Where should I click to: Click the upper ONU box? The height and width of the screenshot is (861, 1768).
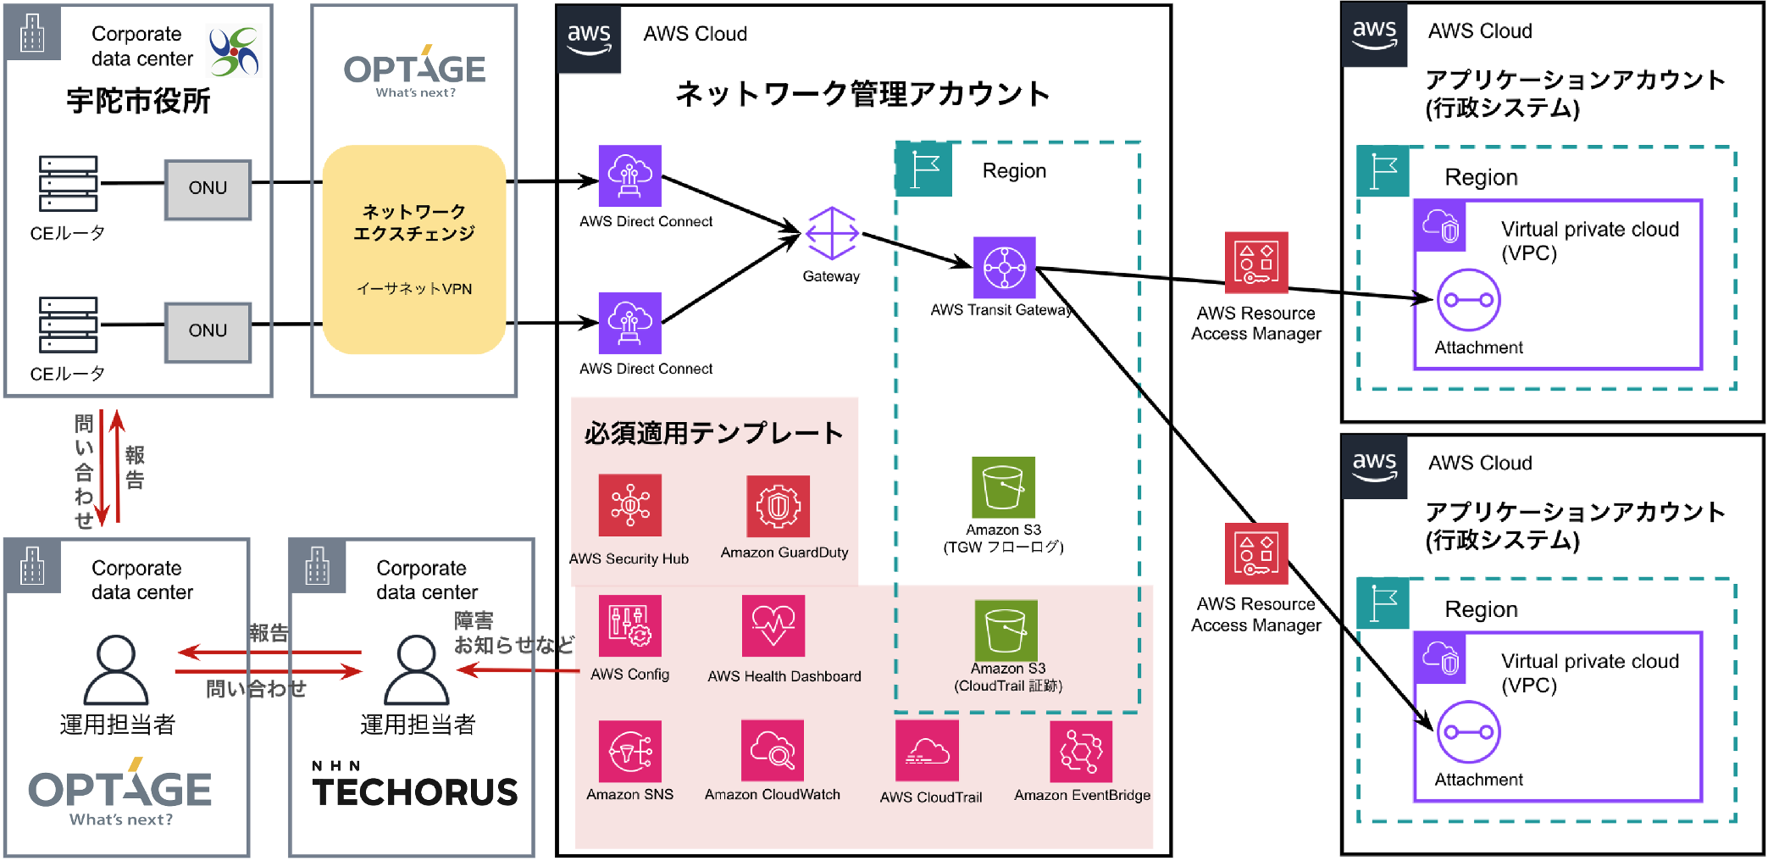point(208,189)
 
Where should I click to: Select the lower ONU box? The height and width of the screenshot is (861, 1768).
point(208,331)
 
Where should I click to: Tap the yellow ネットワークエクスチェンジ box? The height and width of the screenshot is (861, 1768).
point(413,249)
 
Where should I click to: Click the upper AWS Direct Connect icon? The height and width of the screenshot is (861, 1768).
point(629,175)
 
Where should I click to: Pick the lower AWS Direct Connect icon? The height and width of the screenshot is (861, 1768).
point(629,323)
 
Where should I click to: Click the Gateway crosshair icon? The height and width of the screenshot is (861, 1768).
point(831,233)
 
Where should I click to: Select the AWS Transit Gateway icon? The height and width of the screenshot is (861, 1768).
point(1004,268)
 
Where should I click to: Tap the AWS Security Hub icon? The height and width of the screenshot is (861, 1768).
point(629,505)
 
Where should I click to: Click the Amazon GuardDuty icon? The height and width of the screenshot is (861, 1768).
point(778,506)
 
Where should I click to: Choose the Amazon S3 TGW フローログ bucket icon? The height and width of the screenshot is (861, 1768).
point(1003,487)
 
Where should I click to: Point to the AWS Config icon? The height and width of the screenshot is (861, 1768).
point(629,626)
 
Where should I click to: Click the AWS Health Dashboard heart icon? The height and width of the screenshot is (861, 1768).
point(773,626)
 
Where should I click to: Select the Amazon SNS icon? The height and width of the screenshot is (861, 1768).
point(629,751)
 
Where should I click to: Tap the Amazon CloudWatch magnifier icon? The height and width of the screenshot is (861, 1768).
point(772,751)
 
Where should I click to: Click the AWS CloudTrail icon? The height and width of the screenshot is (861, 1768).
point(927,751)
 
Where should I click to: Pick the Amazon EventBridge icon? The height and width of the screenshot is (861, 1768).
point(1080,751)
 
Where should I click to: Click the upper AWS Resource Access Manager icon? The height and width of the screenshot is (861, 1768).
point(1255,263)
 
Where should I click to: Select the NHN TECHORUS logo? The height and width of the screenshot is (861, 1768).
point(414,785)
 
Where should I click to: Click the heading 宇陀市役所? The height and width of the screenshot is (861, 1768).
point(138,101)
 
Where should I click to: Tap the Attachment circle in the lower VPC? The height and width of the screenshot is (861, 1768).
point(1468,732)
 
